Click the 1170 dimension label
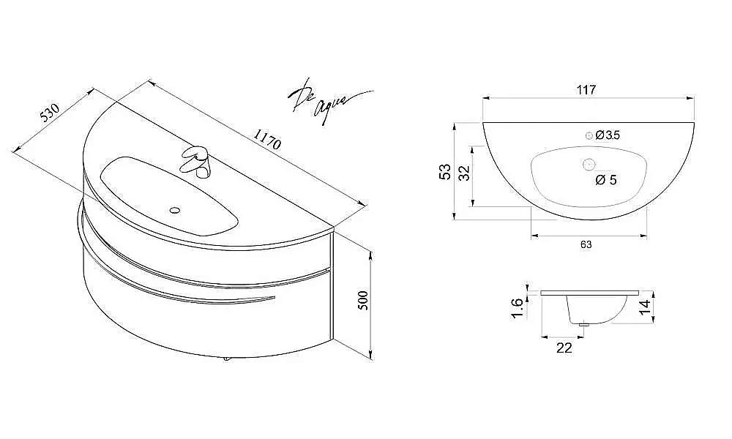tap(267, 138)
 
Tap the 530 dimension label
tap(49, 112)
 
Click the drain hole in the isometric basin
tap(174, 211)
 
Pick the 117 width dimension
tap(586, 90)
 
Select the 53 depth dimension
tap(444, 171)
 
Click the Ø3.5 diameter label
tap(608, 135)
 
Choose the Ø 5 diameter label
tap(605, 180)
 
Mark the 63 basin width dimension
tap(586, 245)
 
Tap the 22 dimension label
tap(564, 348)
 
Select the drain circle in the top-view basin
tap(587, 164)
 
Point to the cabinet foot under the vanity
tap(225, 359)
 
